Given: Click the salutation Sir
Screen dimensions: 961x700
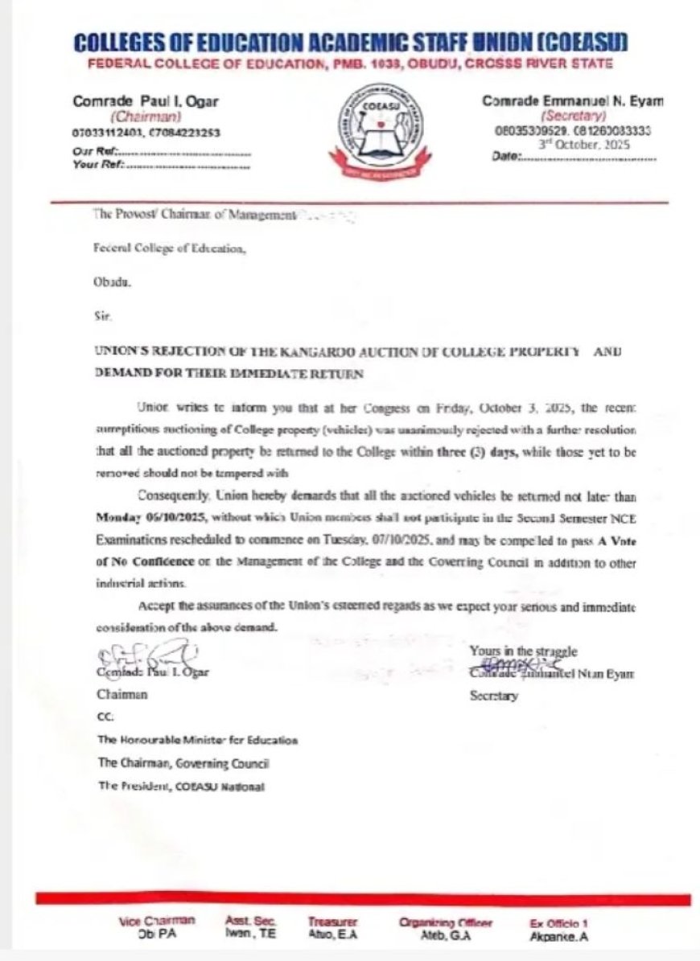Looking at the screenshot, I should pos(101,318).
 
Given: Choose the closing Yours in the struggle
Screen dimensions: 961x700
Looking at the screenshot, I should pos(523,651).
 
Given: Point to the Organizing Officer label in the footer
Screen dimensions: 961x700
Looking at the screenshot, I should pos(446,923).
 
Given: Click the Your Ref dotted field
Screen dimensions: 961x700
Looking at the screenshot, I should pos(188,166).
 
